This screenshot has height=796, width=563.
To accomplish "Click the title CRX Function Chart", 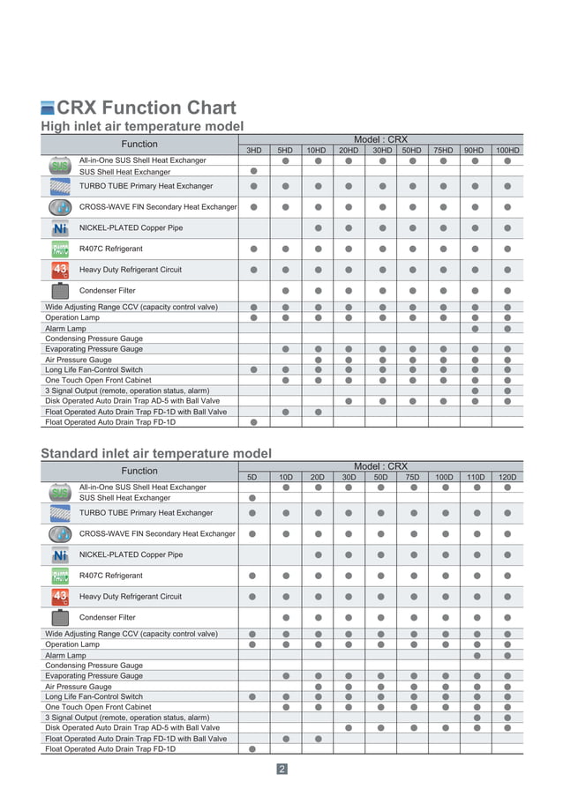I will pos(146,108).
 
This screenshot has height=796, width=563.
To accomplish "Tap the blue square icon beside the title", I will pos(48,109).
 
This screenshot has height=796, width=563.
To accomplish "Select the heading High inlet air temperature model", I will pos(142,127).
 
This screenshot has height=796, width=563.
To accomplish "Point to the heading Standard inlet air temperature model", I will pos(156,454).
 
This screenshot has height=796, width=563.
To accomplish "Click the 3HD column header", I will pos(253,151).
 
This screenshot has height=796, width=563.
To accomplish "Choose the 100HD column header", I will pos(507,151).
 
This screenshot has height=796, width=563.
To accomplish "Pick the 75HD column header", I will pos(443,151).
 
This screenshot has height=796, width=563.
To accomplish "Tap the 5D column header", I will pos(252,477).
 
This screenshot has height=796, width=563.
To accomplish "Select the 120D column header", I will pos(507,477).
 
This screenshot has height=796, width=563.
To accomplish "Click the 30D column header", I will pos(349,477).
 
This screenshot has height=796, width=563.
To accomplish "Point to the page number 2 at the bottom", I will pos(281,770).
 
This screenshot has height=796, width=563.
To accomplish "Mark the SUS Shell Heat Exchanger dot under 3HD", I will pos(253,171).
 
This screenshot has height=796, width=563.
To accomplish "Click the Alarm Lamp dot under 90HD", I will pos(476,328).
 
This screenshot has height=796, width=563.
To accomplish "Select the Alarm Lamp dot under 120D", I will pos(507,655).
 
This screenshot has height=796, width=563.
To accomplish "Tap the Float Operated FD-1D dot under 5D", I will pos(252,748).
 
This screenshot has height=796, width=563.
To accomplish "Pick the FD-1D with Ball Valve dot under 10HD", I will pos(318,412).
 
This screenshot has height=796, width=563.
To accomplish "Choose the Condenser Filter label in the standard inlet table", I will pos(108,617).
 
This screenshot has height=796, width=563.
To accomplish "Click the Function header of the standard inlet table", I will pos(139,471).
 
